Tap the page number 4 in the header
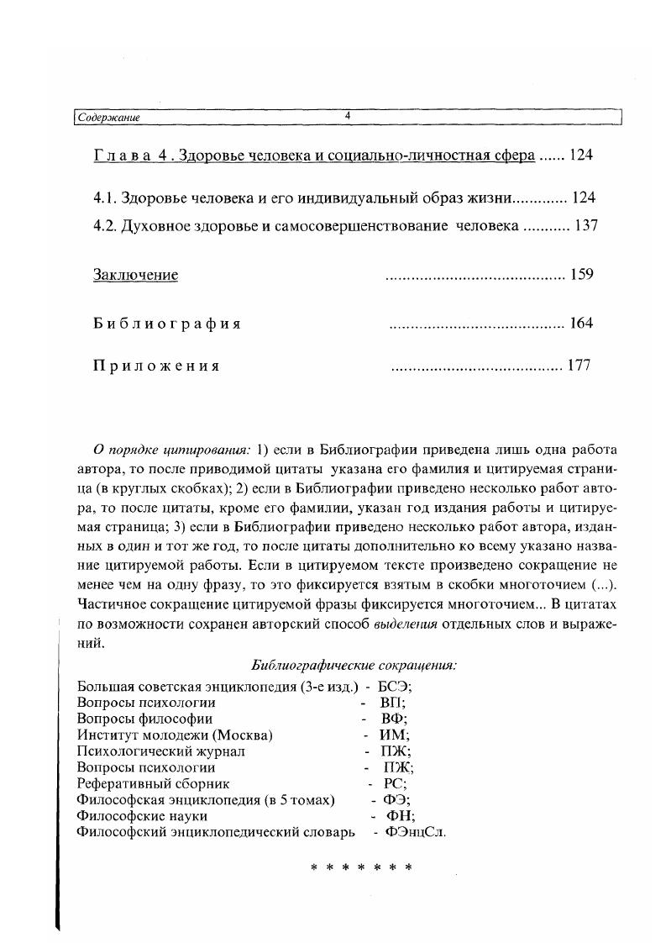pos(347,117)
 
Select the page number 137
pos(585,226)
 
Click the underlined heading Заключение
pos(135,275)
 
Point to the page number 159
pos(581,274)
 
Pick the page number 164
pos(581,323)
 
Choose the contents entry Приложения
pos(156,366)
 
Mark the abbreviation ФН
pos(400,815)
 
